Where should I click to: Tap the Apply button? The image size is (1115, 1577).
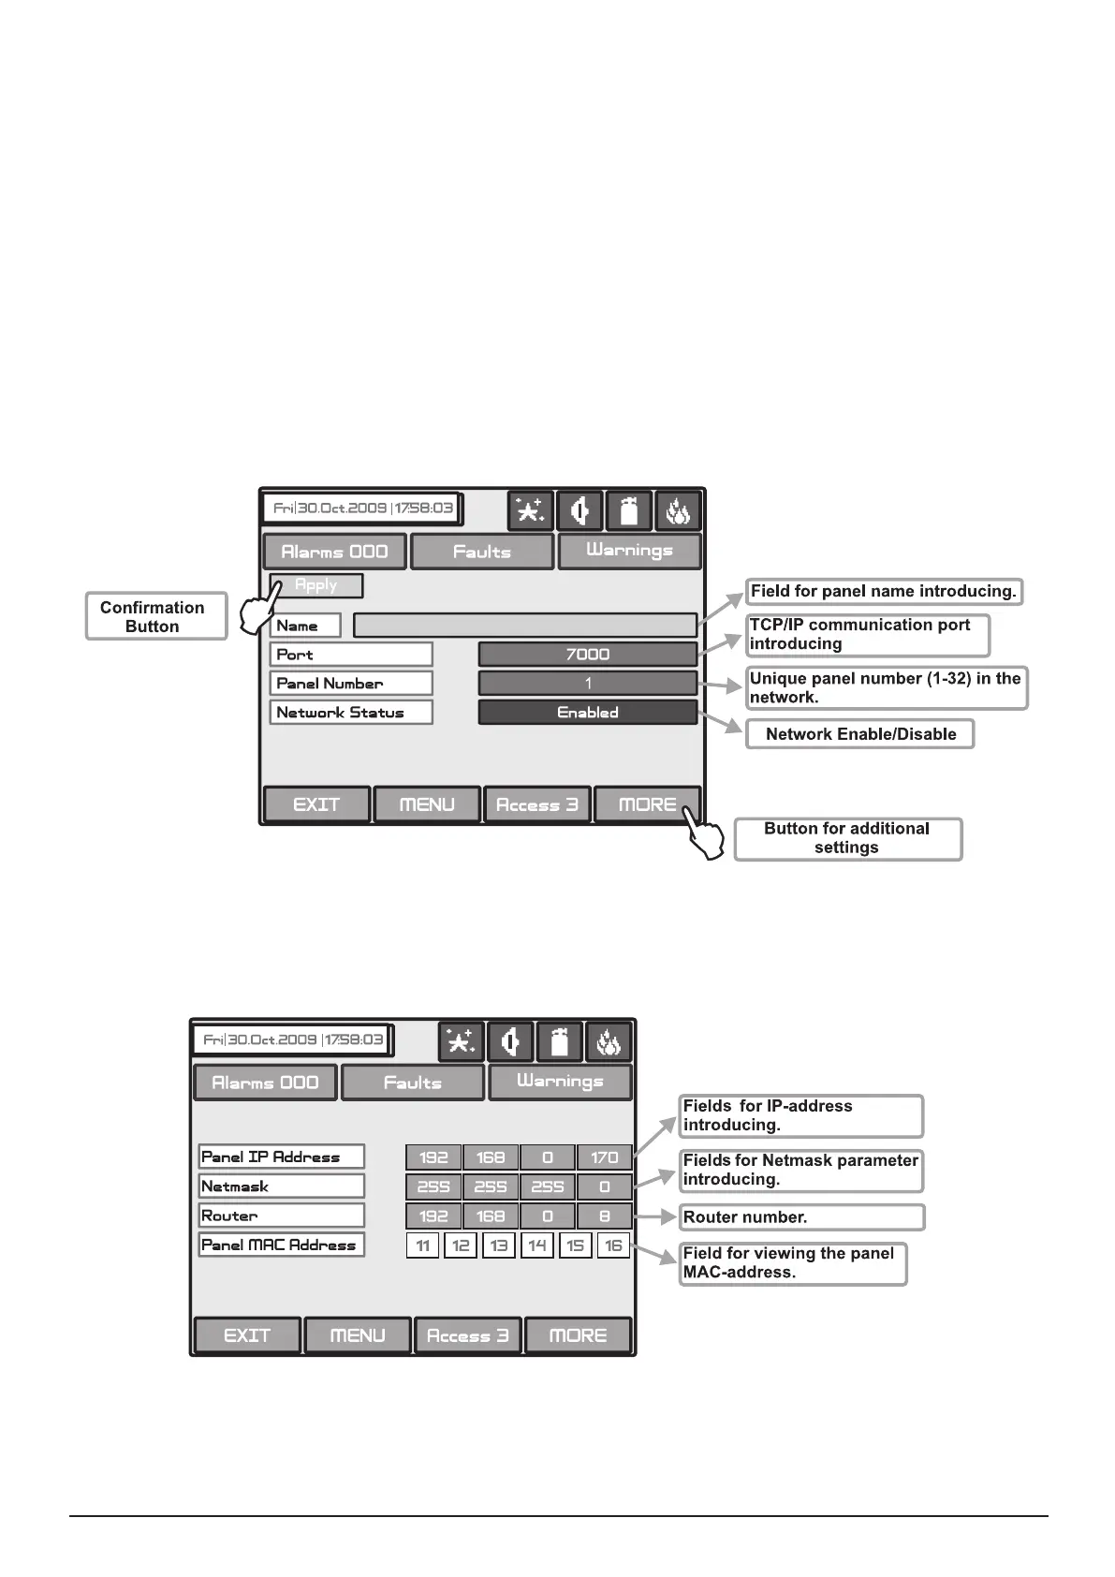tap(315, 585)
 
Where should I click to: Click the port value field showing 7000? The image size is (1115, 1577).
tap(587, 654)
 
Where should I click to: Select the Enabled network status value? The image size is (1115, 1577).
tap(587, 713)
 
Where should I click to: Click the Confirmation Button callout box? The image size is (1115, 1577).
tap(155, 616)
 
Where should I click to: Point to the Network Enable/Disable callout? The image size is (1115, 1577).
tap(859, 734)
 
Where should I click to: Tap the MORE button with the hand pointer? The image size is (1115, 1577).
tap(647, 804)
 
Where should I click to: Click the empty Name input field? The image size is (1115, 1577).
tap(524, 625)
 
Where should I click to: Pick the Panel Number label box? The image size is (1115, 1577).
tap(351, 684)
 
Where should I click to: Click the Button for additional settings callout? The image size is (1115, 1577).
tap(847, 838)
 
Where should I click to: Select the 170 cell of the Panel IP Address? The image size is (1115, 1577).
tap(604, 1157)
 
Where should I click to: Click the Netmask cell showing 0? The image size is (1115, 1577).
tap(604, 1186)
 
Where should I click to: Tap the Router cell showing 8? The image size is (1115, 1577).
tap(604, 1216)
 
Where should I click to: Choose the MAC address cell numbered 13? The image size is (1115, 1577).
tap(499, 1245)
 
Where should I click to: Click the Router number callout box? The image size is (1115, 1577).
tap(801, 1217)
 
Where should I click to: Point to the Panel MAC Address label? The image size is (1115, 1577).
tap(281, 1245)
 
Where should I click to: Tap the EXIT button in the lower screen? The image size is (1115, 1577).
tap(247, 1335)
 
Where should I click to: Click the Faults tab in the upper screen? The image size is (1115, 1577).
tap(482, 552)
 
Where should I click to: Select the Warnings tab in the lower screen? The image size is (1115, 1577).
tap(560, 1082)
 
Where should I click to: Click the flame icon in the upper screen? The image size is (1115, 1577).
tap(677, 511)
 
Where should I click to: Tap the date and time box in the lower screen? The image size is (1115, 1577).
tap(293, 1039)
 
